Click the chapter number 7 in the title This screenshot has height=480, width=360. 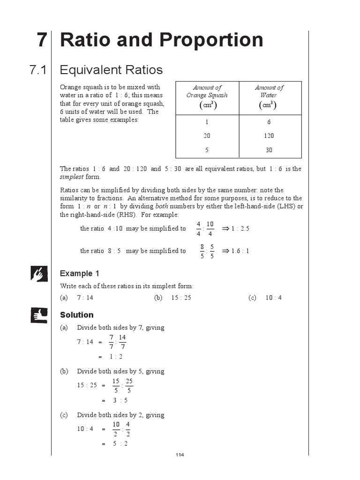(x=42, y=40)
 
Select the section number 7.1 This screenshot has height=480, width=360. (x=38, y=70)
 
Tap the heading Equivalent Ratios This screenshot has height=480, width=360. (x=111, y=70)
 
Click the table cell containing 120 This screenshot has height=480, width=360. (x=269, y=136)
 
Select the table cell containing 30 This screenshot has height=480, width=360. (x=269, y=150)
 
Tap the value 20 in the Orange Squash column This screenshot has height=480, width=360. (x=207, y=136)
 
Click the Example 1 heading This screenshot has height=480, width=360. (x=80, y=274)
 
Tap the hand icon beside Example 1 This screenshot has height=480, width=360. (x=38, y=274)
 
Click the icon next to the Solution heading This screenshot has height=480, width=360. (x=38, y=315)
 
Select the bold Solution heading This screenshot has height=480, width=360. (x=77, y=315)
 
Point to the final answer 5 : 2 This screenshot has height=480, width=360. (x=120, y=444)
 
